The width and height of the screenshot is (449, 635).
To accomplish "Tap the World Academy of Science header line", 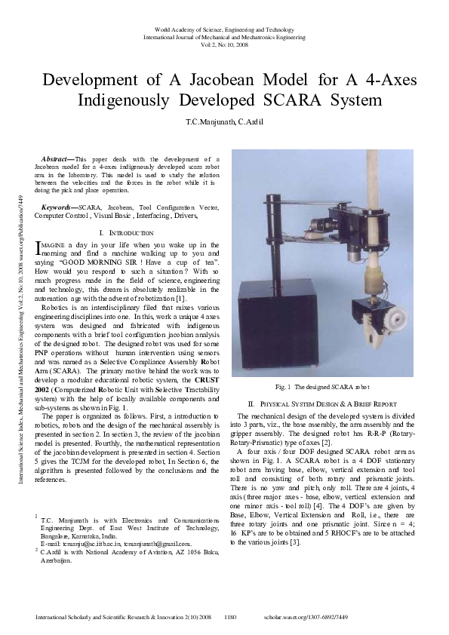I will point(224,28).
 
